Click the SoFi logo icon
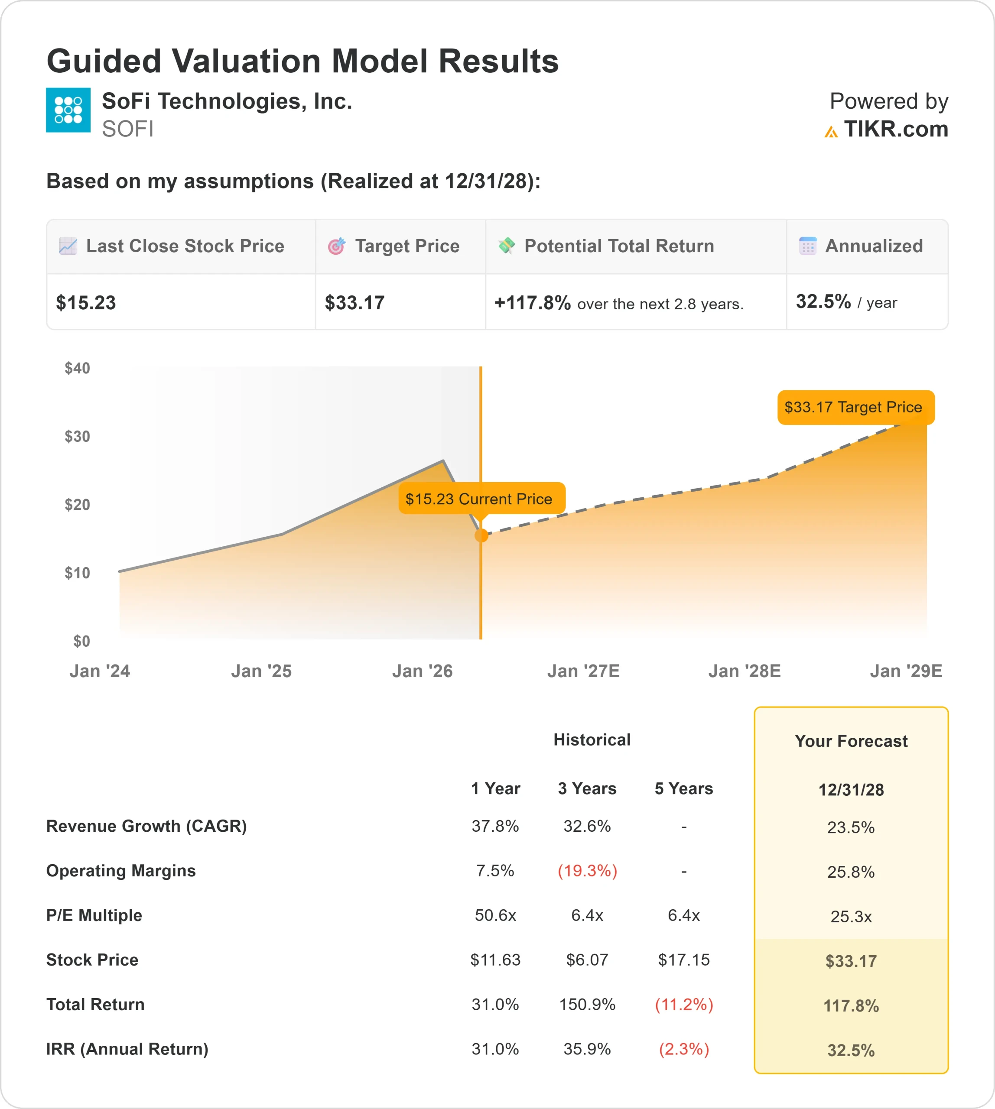(x=68, y=110)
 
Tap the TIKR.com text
(x=895, y=130)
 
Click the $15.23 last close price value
(x=86, y=303)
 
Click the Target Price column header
(x=407, y=246)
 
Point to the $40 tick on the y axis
(x=77, y=368)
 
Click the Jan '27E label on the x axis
(x=583, y=671)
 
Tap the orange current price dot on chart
(x=481, y=535)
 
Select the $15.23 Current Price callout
(x=481, y=499)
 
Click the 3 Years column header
(x=587, y=788)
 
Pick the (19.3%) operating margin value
(x=587, y=871)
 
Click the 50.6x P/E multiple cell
(x=495, y=915)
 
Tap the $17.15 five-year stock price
(x=683, y=960)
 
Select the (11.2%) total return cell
(x=683, y=1005)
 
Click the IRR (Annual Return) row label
(x=127, y=1049)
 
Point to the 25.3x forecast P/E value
(x=851, y=917)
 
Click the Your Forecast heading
(x=851, y=741)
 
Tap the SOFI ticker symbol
(x=127, y=130)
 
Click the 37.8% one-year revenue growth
(x=495, y=826)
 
